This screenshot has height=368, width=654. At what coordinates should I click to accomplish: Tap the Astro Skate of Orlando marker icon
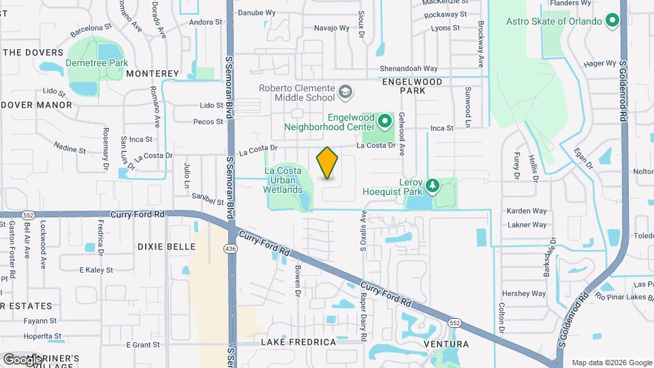(612, 21)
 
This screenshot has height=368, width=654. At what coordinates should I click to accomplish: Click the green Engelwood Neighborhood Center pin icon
(385, 123)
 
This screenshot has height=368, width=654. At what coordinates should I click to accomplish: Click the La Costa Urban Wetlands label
(283, 180)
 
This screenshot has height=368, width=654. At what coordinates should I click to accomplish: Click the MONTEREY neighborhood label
(152, 74)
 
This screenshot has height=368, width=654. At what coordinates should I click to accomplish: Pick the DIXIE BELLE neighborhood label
(166, 247)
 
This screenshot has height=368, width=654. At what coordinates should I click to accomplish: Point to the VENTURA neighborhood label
(446, 343)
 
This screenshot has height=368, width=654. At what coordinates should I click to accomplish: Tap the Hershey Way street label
(524, 294)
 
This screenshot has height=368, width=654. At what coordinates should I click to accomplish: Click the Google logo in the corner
(22, 359)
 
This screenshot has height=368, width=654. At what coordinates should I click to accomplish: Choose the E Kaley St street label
(96, 270)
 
